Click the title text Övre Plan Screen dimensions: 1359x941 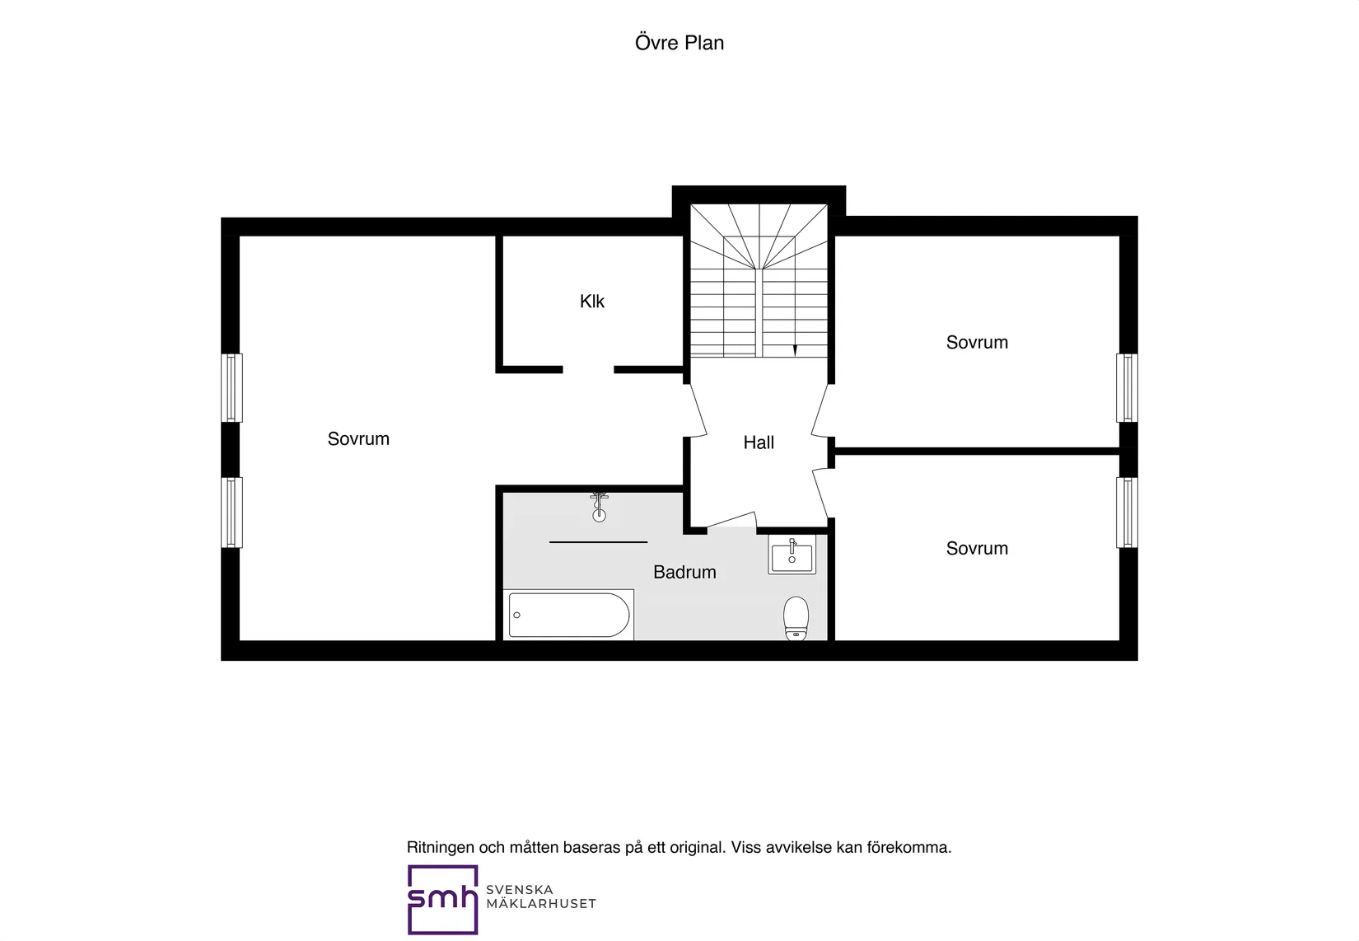[x=679, y=43]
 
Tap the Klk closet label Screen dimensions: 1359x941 [x=591, y=301]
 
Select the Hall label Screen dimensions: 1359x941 [x=759, y=442]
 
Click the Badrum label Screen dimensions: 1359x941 [x=684, y=572]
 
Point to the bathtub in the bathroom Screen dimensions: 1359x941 [x=568, y=615]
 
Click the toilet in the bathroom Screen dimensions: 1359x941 [x=796, y=618]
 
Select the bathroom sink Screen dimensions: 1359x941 [x=792, y=555]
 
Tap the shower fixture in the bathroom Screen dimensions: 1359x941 [x=599, y=508]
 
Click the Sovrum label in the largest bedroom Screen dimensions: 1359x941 [x=358, y=439]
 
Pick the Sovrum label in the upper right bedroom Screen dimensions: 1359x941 [x=977, y=343]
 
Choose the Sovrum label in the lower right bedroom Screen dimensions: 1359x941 [x=977, y=548]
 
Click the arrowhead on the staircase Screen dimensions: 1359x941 [x=795, y=351]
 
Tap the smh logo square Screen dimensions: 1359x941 [x=442, y=900]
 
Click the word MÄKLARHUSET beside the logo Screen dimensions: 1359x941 [x=540, y=904]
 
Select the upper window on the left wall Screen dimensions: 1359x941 [x=231, y=388]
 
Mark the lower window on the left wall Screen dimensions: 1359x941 [x=231, y=513]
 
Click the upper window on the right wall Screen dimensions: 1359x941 [x=1128, y=388]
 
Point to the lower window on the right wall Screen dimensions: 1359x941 [x=1128, y=513]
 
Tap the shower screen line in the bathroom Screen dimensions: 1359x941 [x=598, y=541]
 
